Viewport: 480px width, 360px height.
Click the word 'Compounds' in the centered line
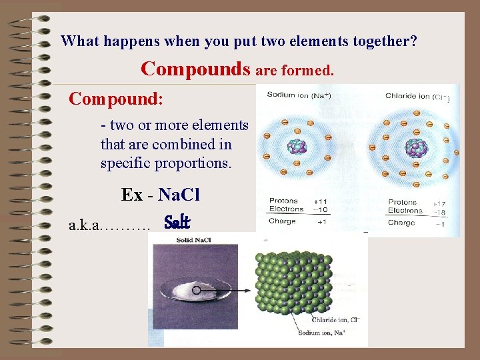coord(196,69)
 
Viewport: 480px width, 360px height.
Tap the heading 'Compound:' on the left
coord(116,99)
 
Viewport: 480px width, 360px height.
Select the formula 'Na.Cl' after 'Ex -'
coord(179,195)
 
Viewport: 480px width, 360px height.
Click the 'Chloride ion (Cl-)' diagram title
coord(417,97)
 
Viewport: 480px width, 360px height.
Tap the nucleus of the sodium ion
coord(294,146)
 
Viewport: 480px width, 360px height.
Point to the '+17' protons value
coord(440,203)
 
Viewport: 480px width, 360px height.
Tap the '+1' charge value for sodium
coord(322,221)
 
